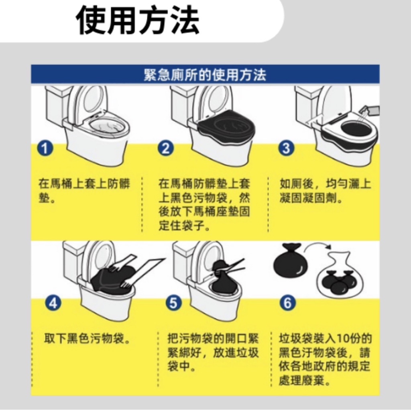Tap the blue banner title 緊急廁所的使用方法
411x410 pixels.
[205, 75]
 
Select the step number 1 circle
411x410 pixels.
[45, 148]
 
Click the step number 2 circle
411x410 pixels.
[166, 148]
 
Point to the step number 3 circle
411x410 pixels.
[286, 148]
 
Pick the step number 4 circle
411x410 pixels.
[53, 303]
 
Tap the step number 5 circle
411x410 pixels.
[174, 303]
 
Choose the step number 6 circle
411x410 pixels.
[287, 303]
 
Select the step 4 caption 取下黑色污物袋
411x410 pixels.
[87, 339]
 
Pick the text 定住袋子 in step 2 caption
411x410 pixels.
[184, 225]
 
